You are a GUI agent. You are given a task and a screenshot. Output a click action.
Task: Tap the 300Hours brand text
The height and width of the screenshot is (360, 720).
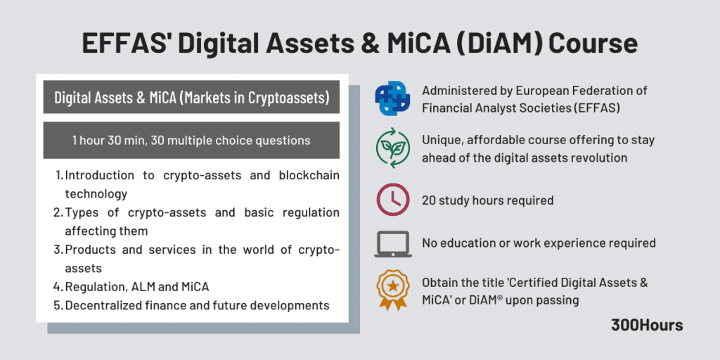[647, 325]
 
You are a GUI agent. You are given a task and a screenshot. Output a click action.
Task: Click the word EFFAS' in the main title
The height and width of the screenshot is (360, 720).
[128, 44]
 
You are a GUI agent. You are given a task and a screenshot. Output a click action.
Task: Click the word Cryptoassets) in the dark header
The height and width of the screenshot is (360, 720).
[288, 98]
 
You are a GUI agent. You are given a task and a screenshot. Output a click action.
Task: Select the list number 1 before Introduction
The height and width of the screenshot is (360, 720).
[58, 175]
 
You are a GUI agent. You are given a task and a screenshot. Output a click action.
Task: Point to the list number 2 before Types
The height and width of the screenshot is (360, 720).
[58, 212]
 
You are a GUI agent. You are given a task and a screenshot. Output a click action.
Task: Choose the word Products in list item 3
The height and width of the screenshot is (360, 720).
[90, 250]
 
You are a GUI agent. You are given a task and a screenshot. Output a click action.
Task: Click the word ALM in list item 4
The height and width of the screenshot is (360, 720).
[145, 287]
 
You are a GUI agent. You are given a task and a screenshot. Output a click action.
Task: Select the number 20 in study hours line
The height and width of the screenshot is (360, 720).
[429, 200]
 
